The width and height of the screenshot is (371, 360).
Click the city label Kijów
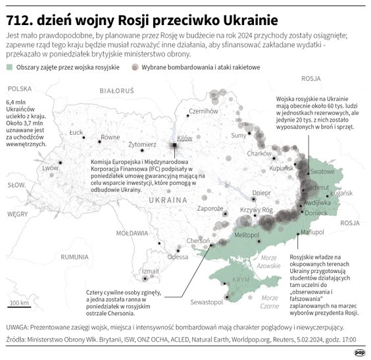click(x=184, y=138)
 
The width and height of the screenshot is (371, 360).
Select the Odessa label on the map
click(x=177, y=257)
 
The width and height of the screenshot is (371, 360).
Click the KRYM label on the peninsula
click(x=241, y=280)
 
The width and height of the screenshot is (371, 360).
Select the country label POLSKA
click(x=20, y=88)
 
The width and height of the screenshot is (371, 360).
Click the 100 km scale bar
click(x=18, y=307)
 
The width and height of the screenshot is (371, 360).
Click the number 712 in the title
click(x=19, y=14)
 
